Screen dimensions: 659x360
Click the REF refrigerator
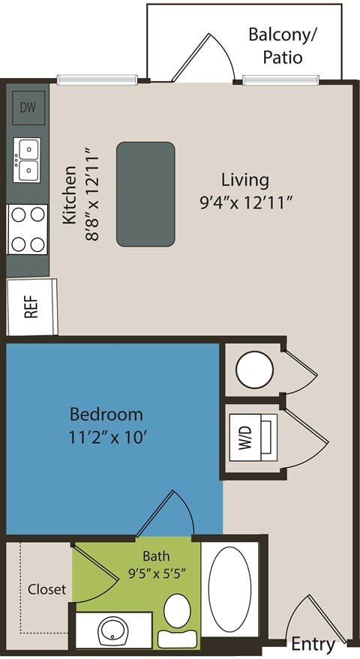pyautogui.click(x=31, y=307)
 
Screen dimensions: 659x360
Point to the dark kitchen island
pyautogui.click(x=145, y=193)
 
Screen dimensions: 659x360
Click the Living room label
pyautogui.click(x=244, y=180)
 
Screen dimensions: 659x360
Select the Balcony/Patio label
pyautogui.click(x=276, y=46)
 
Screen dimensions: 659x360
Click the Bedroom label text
pyautogui.click(x=106, y=414)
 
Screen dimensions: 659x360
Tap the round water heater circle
pyautogui.click(x=253, y=370)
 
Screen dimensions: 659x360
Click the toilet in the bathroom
pyautogui.click(x=177, y=612)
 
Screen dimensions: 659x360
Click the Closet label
pyautogui.click(x=46, y=589)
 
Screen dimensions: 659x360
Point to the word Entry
pyautogui.click(x=313, y=643)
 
